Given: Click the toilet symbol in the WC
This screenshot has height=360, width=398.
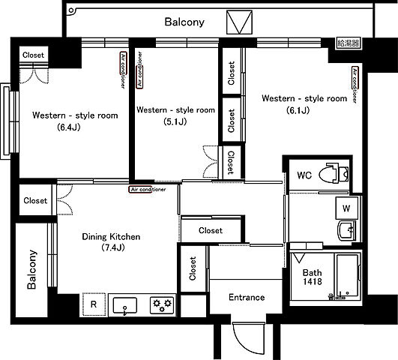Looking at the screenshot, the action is [334, 174].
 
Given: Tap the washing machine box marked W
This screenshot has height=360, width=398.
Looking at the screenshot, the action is [347, 208].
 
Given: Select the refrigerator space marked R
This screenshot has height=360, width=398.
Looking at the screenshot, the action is [94, 304].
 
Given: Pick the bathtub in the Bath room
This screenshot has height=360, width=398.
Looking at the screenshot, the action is [348, 276].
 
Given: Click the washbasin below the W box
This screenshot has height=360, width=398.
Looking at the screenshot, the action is [347, 230].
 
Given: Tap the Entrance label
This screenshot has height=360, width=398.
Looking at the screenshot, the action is [247, 297].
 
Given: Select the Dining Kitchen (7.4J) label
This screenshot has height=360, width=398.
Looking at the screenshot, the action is [111, 241].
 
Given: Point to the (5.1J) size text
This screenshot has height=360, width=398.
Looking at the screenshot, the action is [175, 122].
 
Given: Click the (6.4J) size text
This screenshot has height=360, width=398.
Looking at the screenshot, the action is [69, 127].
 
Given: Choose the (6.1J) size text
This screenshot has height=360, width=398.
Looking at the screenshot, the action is [298, 110].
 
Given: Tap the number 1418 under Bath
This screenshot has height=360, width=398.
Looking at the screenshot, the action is [313, 281].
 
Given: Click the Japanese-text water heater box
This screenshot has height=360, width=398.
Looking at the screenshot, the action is [349, 43].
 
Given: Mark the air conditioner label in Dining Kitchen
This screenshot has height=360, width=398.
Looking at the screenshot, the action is [147, 190].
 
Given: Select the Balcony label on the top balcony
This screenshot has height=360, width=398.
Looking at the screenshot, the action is [184, 22].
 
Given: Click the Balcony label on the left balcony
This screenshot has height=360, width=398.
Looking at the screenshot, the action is [31, 269].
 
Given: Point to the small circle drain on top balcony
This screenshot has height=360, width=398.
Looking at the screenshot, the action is [71, 10].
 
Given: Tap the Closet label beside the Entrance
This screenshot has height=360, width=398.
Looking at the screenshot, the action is [193, 268].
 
